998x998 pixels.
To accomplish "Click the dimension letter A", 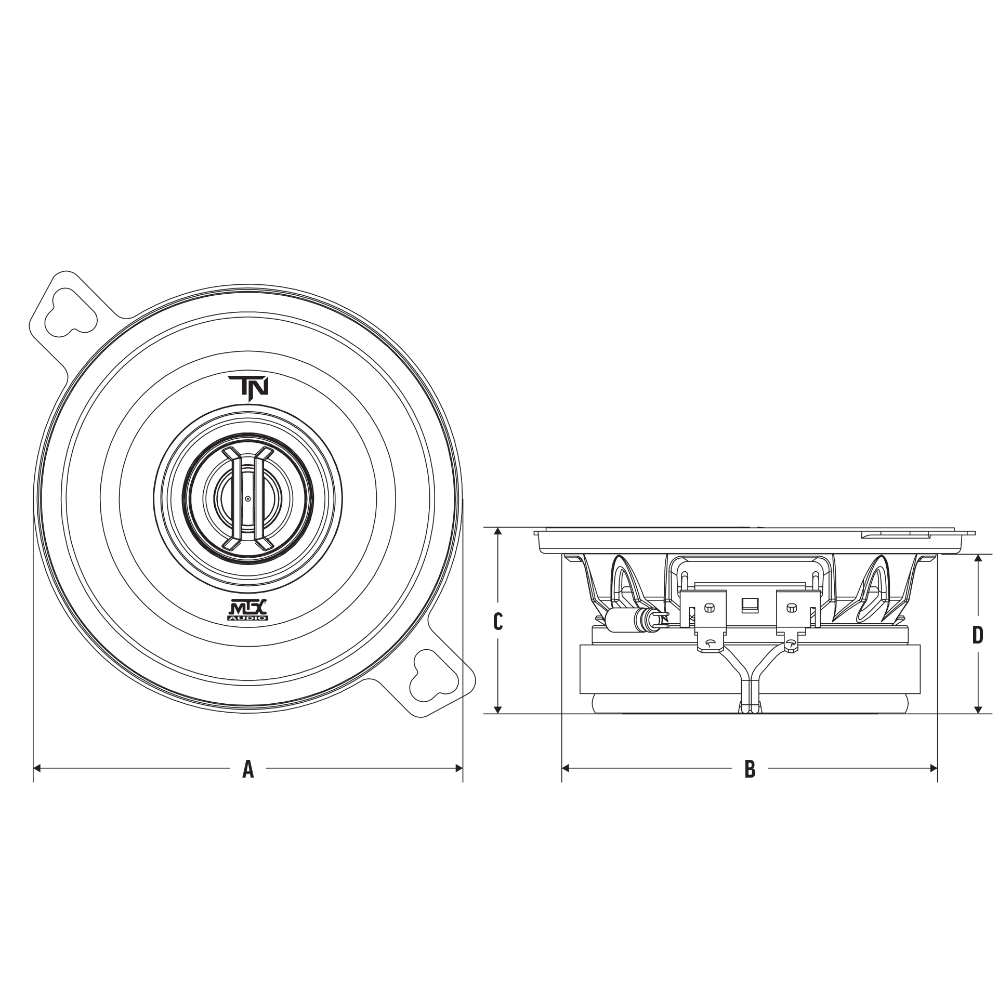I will [248, 768].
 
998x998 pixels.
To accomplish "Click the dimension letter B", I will [750, 768].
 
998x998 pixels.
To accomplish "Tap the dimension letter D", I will [978, 634].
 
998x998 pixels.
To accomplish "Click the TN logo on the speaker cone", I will [249, 389].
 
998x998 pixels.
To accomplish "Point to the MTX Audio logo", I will [248, 610].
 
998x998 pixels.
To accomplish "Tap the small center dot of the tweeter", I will [248, 498].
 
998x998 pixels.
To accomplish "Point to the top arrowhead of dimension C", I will [498, 532].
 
